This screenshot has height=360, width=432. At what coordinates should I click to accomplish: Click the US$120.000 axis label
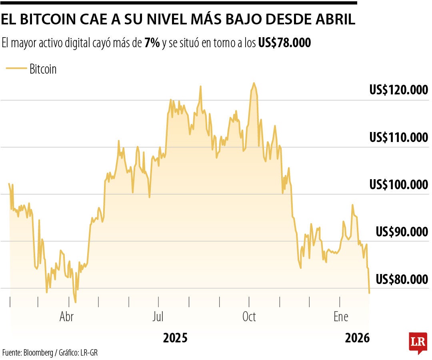coord(398,90)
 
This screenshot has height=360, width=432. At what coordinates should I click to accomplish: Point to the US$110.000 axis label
coord(398,138)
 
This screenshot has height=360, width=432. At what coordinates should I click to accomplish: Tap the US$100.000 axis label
coord(398,185)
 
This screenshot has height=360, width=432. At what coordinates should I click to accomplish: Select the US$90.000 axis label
coord(402,232)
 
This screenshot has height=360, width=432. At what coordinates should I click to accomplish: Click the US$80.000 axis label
coord(402,279)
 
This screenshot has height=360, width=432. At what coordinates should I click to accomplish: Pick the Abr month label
coord(66,317)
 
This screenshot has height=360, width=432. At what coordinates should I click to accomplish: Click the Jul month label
coord(158,317)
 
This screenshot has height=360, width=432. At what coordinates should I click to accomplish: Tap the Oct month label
coord(249,317)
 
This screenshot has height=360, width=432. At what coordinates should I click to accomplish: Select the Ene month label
coord(341,317)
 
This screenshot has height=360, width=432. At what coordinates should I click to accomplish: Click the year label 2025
coord(175,338)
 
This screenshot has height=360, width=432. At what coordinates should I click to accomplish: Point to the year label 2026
coord(357,338)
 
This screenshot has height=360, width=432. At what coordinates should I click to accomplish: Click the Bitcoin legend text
coord(43,69)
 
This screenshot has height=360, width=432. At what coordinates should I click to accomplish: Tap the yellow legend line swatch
coord(16,69)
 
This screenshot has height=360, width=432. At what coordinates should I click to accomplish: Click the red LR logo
coord(418,342)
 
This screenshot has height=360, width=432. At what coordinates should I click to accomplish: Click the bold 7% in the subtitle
coord(152,43)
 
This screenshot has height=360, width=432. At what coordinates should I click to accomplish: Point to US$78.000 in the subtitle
coord(284,43)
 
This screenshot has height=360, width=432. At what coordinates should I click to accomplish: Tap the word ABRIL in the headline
coord(335,20)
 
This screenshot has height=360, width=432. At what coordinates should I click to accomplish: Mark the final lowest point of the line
coord(369,293)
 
